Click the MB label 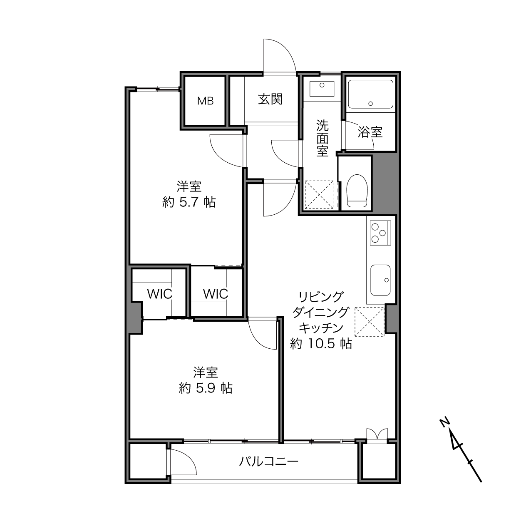pyautogui.click(x=206, y=101)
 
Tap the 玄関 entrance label pyautogui.click(x=270, y=99)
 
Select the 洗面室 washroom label pyautogui.click(x=322, y=138)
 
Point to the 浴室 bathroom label pyautogui.click(x=370, y=132)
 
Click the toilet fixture pyautogui.click(x=357, y=191)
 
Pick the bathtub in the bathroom pyautogui.click(x=370, y=94)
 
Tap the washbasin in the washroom pyautogui.click(x=322, y=88)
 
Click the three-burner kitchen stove pyautogui.click(x=380, y=233)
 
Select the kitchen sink pyautogui.click(x=380, y=280)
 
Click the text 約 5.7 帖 pyautogui.click(x=189, y=202)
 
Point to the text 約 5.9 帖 pyautogui.click(x=206, y=388)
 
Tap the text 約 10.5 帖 pyautogui.click(x=321, y=344)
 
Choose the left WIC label pyautogui.click(x=159, y=294)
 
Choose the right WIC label pyautogui.click(x=216, y=294)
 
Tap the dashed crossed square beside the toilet pyautogui.click(x=319, y=195)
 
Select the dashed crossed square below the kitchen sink pyautogui.click(x=370, y=322)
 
